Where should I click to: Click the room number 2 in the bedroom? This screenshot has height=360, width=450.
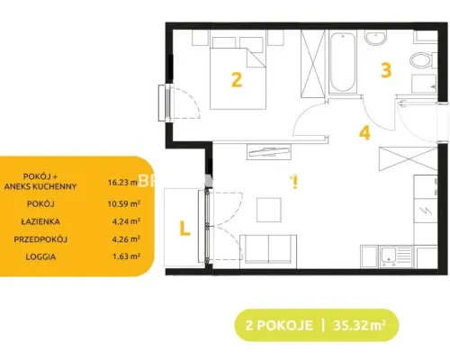click(x=237, y=80)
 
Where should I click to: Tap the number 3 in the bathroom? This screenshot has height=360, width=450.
click(x=386, y=70)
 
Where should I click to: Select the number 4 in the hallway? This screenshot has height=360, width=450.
click(x=364, y=132)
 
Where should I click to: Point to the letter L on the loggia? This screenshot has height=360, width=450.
click(x=184, y=229)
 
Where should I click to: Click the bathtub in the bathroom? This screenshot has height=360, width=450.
click(x=343, y=62)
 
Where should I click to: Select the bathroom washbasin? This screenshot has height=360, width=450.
click(x=375, y=37)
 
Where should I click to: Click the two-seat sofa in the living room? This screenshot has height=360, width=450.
click(x=268, y=251)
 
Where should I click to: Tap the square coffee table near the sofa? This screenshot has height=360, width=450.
click(x=269, y=210)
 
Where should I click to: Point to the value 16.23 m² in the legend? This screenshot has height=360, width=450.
click(x=124, y=182)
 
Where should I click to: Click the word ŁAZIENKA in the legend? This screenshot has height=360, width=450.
click(x=40, y=221)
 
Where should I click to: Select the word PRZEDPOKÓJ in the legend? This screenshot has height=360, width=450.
click(x=40, y=239)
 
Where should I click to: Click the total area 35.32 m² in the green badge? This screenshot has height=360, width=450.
click(x=359, y=325)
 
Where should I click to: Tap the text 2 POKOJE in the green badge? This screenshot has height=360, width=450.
click(x=279, y=326)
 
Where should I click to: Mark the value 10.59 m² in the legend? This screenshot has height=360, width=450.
click(x=124, y=203)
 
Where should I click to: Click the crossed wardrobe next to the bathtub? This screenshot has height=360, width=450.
click(x=313, y=64)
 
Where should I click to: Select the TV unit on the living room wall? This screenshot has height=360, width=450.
click(x=269, y=152)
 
